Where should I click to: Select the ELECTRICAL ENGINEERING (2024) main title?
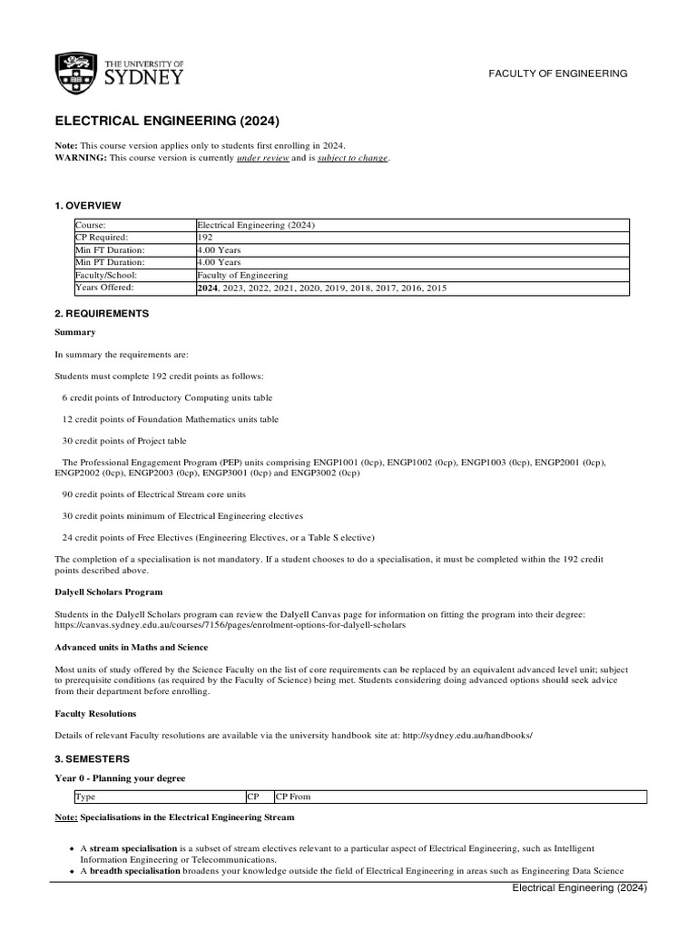point(168,121)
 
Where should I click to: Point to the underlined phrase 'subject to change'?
point(352,158)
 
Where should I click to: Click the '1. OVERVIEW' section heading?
point(88,206)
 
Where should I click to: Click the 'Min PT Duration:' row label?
point(110,262)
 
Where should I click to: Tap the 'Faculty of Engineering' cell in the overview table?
point(243,275)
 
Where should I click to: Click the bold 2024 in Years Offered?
point(207,288)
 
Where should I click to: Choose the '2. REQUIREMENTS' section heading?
point(101,313)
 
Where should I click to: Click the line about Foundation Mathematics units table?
point(170,419)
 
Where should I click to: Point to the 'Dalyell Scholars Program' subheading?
point(109,592)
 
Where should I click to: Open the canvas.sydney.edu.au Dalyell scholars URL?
point(230,625)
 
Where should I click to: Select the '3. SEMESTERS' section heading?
point(93,758)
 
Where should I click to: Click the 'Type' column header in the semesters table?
point(85,797)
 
